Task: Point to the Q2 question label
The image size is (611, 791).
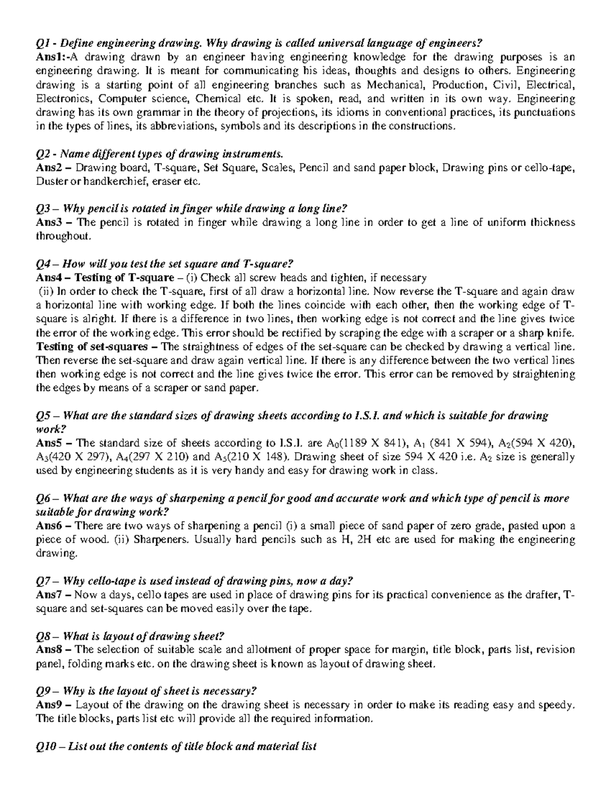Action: click(x=44, y=154)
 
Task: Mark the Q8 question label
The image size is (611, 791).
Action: click(x=44, y=636)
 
